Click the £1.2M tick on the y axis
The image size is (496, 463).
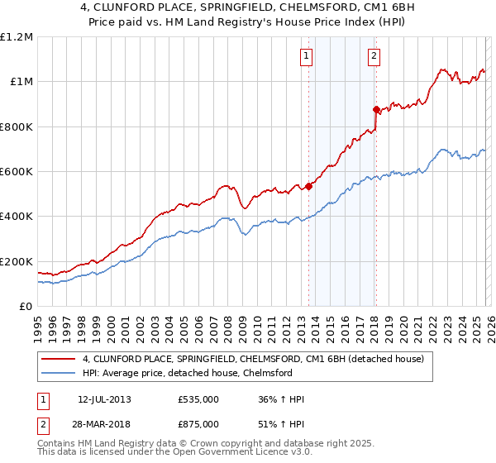(x=17, y=36)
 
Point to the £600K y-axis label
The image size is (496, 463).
(x=17, y=171)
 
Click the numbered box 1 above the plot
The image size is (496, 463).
(x=306, y=56)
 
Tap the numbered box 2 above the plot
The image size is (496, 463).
(x=374, y=56)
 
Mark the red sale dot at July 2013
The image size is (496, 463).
(x=308, y=186)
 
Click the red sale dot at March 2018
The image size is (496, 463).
(x=376, y=109)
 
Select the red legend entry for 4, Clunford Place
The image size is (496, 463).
(x=253, y=359)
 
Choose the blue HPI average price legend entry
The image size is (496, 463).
(x=187, y=373)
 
